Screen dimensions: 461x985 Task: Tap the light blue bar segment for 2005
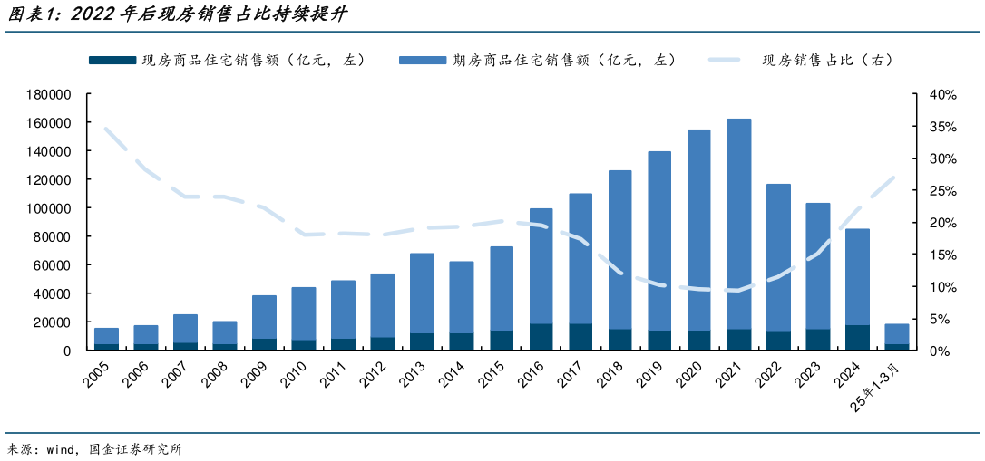pyautogui.click(x=106, y=336)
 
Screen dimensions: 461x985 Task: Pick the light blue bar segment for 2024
pyautogui.click(x=858, y=276)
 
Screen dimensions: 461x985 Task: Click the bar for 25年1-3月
pyautogui.click(x=897, y=334)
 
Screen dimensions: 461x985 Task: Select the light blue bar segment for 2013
pyautogui.click(x=423, y=293)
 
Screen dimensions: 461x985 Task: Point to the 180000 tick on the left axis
pyautogui.click(x=50, y=94)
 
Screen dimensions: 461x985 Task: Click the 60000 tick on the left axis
pyautogui.click(x=54, y=265)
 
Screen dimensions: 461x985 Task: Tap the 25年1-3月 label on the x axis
pyautogui.click(x=882, y=384)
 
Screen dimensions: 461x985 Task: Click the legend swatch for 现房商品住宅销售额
pyautogui.click(x=112, y=61)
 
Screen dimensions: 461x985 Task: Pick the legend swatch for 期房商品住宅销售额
pyautogui.click(x=422, y=61)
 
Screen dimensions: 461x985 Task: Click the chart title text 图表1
pyautogui.click(x=31, y=14)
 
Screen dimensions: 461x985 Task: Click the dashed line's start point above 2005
pyautogui.click(x=106, y=129)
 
